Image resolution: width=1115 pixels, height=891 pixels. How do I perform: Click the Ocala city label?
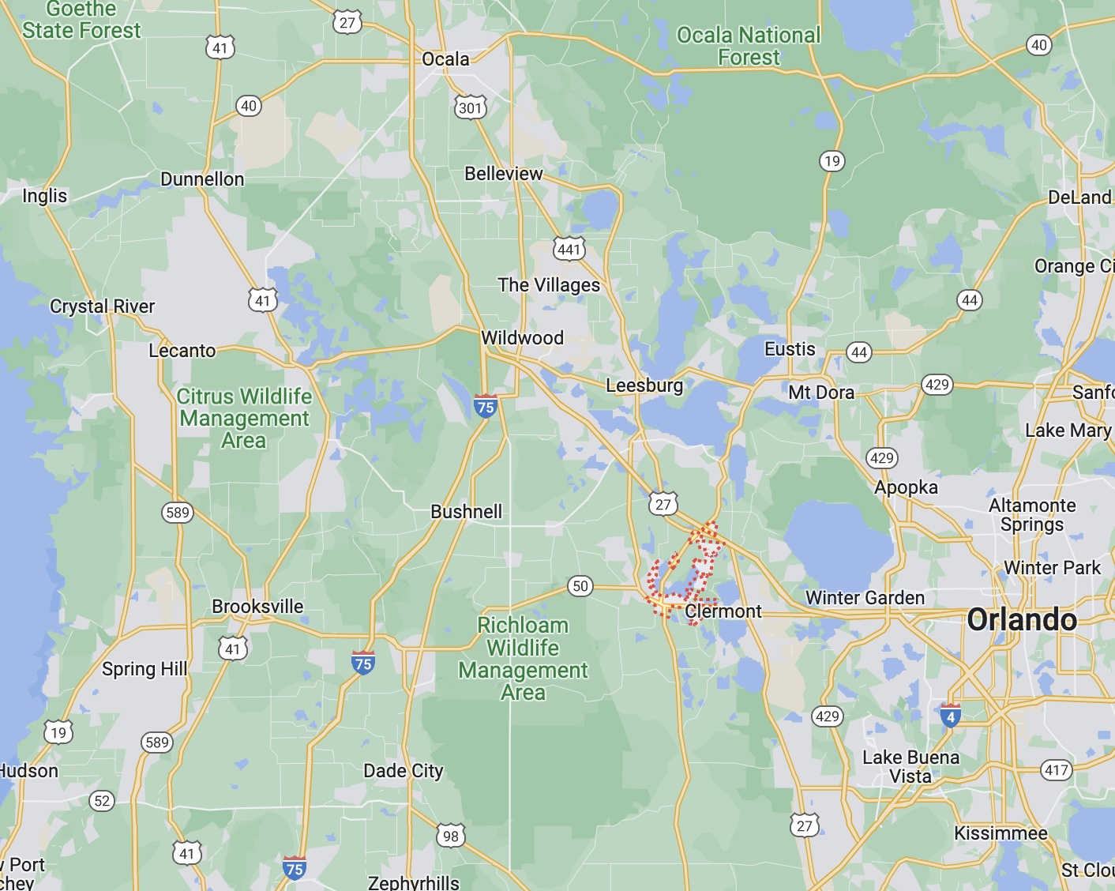[445, 59]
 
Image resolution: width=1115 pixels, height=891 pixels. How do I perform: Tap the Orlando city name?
[1022, 620]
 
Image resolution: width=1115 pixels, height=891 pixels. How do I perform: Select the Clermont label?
[723, 611]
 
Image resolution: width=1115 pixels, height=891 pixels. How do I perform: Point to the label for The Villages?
[549, 285]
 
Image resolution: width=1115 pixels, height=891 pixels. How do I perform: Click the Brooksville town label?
[257, 607]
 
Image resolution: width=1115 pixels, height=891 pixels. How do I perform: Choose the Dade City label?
[404, 771]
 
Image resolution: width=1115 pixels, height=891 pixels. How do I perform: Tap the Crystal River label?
[103, 306]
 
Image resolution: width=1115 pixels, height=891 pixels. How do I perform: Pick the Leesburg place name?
[644, 385]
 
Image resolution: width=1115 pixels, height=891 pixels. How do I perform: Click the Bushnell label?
[466, 512]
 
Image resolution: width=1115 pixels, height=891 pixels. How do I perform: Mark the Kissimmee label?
[1000, 833]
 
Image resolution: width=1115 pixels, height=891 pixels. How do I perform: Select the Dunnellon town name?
[202, 179]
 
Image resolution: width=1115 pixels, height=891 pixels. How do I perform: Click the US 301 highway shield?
[470, 107]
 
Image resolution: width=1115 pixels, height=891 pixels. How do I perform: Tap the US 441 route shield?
[569, 250]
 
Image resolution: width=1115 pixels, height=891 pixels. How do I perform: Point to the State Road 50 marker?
[580, 586]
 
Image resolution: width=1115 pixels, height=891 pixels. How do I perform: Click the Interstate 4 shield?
[951, 716]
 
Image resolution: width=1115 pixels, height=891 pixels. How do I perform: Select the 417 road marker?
[1057, 770]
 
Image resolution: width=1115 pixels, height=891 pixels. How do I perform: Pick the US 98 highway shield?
[450, 836]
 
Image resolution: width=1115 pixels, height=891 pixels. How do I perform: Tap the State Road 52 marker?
[102, 801]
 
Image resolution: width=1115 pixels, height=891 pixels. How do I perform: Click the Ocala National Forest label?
[749, 47]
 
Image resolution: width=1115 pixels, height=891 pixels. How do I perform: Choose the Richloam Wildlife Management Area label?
[523, 659]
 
